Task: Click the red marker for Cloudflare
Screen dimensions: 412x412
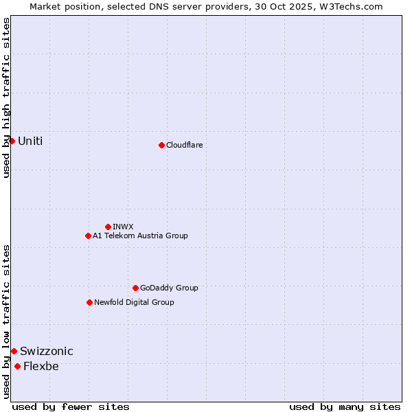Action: (x=161, y=145)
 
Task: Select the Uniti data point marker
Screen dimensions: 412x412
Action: (x=12, y=141)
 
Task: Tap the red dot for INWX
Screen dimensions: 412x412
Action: (x=108, y=227)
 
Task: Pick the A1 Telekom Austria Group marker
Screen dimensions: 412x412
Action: (x=88, y=236)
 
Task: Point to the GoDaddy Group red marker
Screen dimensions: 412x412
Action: (x=135, y=288)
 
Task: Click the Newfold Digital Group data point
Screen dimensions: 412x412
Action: (x=89, y=302)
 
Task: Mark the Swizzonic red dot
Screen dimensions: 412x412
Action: (x=14, y=351)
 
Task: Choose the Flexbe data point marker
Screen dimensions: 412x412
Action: (x=17, y=366)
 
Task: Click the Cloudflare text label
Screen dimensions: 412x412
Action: (x=184, y=145)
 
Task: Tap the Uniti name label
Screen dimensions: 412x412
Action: (x=30, y=141)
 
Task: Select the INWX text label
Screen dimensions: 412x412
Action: (x=123, y=227)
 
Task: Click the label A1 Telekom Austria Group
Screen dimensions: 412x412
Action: (x=140, y=236)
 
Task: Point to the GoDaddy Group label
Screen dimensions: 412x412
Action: (x=169, y=288)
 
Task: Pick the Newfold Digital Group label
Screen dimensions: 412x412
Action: (x=134, y=302)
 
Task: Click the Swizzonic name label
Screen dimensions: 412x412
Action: (x=47, y=351)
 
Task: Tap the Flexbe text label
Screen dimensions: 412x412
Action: (x=41, y=366)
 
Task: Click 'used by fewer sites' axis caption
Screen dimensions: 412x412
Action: (x=71, y=407)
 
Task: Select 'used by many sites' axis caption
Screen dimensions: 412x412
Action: (x=345, y=407)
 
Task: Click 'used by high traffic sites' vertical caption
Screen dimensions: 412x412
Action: (x=6, y=98)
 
